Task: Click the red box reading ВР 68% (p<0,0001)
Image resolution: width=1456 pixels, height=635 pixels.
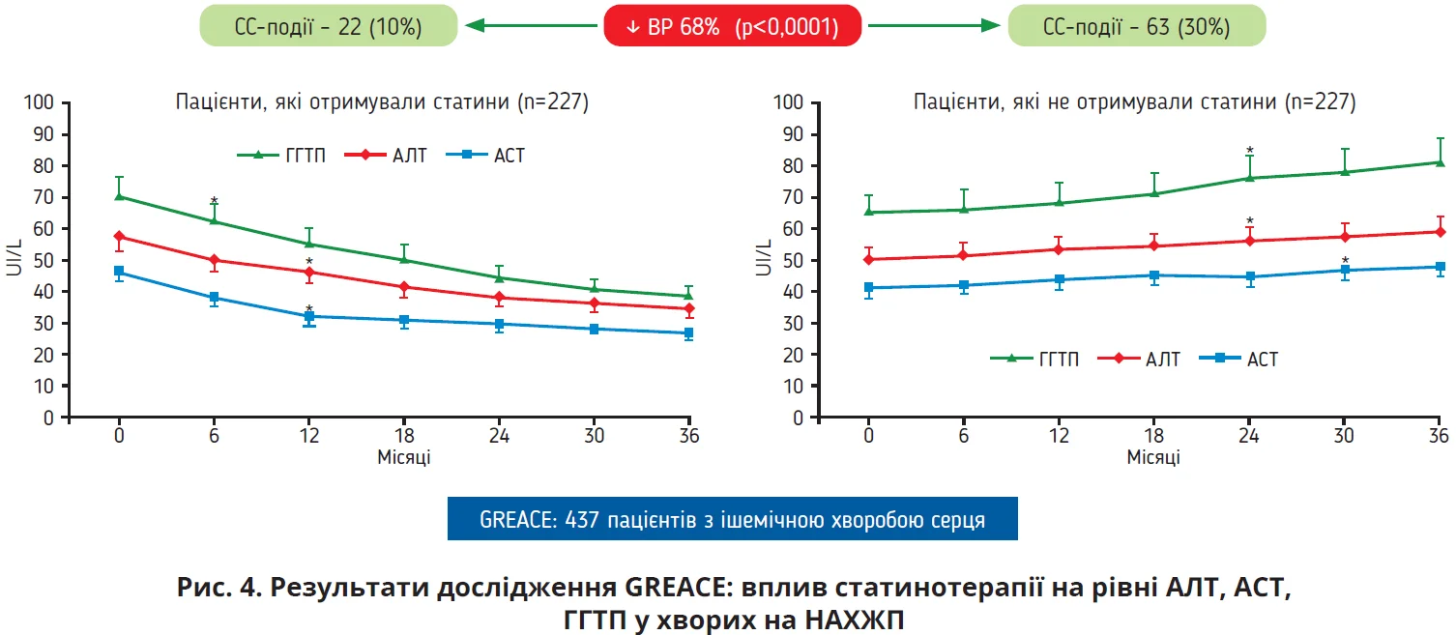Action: click(x=731, y=27)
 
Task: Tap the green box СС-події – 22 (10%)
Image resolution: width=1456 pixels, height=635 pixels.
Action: click(x=328, y=27)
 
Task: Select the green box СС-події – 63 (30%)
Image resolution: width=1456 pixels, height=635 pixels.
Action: click(x=1136, y=27)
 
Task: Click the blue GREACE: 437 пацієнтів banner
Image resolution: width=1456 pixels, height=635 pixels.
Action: click(x=732, y=519)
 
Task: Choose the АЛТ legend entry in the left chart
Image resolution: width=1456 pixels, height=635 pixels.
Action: click(x=397, y=155)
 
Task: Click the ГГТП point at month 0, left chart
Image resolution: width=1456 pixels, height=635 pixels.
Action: click(x=119, y=196)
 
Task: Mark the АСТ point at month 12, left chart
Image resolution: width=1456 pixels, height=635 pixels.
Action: click(x=309, y=316)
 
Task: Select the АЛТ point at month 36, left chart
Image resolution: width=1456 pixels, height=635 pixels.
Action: click(x=688, y=309)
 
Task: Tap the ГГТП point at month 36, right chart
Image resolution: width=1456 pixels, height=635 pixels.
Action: click(x=1441, y=162)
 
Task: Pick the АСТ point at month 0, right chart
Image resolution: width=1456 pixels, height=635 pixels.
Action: click(x=868, y=288)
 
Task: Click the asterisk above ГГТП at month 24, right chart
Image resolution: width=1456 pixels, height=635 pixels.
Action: click(x=1250, y=151)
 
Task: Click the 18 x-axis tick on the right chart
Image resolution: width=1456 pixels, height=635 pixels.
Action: click(x=1154, y=436)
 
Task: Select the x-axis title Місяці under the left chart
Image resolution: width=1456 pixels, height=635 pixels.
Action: click(x=403, y=457)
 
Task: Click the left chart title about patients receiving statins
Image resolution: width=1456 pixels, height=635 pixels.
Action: click(x=382, y=102)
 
